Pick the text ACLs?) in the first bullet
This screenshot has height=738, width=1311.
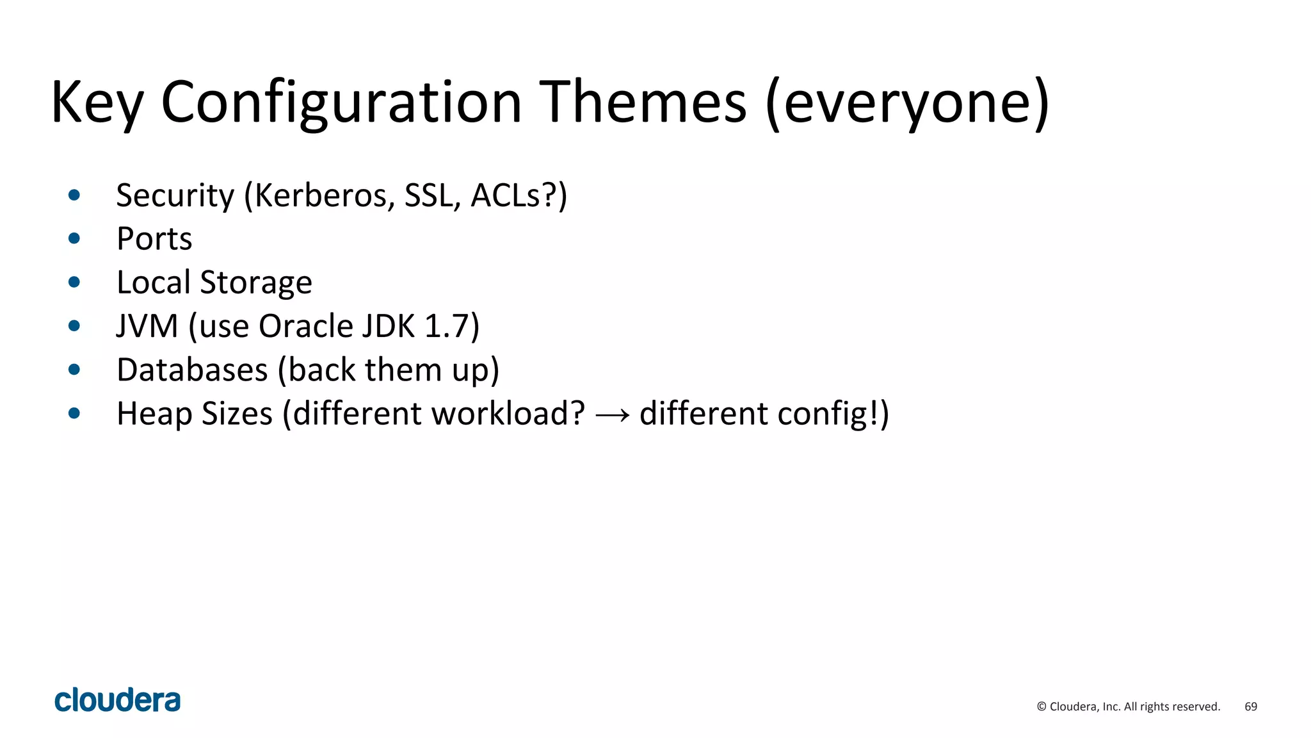pyautogui.click(x=519, y=195)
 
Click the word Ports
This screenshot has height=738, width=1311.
pyautogui.click(x=154, y=239)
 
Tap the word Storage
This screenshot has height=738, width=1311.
pyautogui.click(x=256, y=283)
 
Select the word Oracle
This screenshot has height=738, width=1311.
pyautogui.click(x=306, y=326)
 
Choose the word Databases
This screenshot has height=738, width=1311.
pyautogui.click(x=192, y=370)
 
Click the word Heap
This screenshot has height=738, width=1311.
pyautogui.click(x=154, y=413)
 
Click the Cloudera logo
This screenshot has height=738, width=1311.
pyautogui.click(x=118, y=700)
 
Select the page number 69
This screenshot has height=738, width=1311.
pyautogui.click(x=1250, y=707)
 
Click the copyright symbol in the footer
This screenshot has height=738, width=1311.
pyautogui.click(x=1042, y=707)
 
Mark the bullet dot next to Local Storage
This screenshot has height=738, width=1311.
pyautogui.click(x=74, y=283)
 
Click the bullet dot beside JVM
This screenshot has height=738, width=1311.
pyautogui.click(x=74, y=326)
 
